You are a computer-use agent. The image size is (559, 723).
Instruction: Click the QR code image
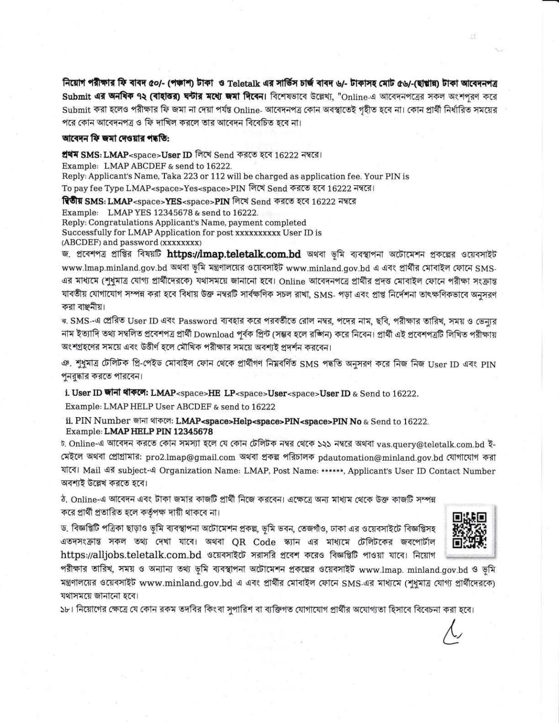[469, 530]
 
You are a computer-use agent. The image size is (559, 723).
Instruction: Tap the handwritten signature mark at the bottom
[452, 634]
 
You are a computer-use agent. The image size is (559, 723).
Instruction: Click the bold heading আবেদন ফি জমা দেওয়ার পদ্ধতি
[116, 138]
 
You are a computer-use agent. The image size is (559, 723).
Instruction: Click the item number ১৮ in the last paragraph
[66, 610]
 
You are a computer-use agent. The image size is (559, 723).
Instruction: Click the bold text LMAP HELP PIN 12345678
[158, 431]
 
